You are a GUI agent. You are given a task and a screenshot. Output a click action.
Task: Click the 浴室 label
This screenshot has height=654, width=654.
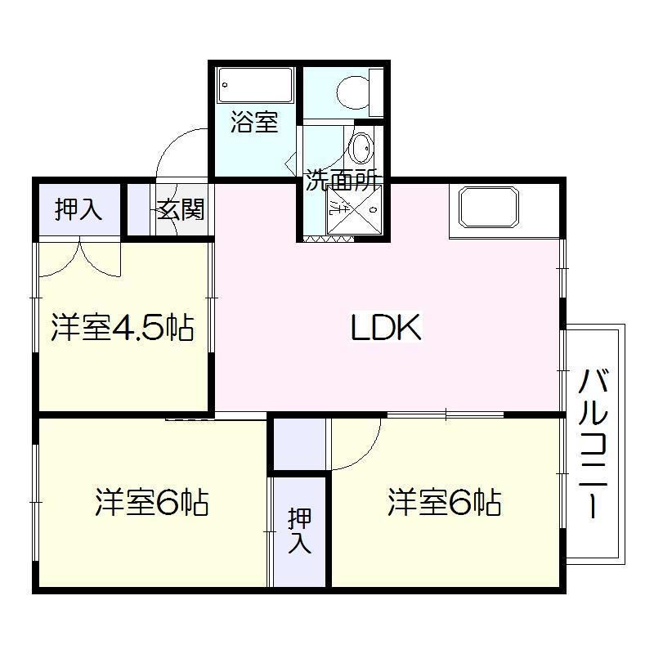click(x=253, y=123)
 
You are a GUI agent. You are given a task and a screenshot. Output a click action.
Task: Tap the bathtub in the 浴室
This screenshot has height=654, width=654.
click(x=255, y=84)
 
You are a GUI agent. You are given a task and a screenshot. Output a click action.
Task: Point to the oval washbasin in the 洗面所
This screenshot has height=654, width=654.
click(x=360, y=150)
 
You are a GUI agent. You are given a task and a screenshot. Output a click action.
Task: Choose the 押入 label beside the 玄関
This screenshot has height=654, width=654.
click(x=78, y=210)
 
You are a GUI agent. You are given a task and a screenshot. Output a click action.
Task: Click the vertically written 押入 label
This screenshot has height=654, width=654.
click(x=299, y=531)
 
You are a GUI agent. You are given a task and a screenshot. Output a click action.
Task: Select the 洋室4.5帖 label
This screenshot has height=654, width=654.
click(x=122, y=328)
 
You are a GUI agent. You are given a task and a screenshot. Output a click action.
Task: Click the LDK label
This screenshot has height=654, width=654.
click(x=386, y=329)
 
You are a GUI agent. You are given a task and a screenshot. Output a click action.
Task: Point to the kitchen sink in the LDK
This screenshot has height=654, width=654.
click(x=489, y=208)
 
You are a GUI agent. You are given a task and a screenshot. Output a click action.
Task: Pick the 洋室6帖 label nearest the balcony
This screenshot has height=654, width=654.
click(x=444, y=504)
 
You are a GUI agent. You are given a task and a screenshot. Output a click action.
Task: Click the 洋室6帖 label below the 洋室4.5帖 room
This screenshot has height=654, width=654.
click(x=151, y=503)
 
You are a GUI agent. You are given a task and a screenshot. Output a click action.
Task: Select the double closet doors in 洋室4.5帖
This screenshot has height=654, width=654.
click(x=79, y=258)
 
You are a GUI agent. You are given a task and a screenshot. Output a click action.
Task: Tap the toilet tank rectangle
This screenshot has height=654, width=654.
click(x=375, y=92)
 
